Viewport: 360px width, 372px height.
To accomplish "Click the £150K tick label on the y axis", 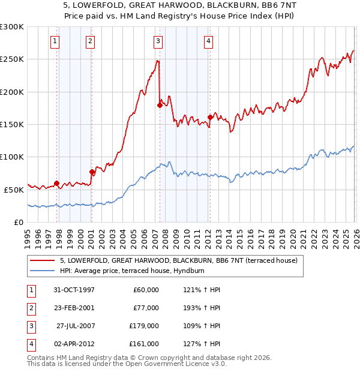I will click(x=12, y=124).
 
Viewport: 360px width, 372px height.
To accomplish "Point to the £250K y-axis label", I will click(x=12, y=59).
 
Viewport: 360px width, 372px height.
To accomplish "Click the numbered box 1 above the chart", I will click(x=55, y=41).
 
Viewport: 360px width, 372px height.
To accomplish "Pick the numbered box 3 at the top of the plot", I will click(x=157, y=41).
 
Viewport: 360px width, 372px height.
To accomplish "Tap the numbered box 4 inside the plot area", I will click(x=208, y=41).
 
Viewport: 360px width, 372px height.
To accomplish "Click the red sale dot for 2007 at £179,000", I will click(x=160, y=106).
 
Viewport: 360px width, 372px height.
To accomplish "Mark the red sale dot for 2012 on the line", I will click(x=210, y=117).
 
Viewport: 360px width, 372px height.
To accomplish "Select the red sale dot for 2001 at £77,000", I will click(x=92, y=172).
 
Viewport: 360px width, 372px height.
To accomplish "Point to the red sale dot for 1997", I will click(x=57, y=183).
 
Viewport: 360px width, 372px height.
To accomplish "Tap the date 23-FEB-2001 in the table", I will click(x=74, y=308).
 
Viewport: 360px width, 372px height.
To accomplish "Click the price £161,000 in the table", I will click(x=143, y=344).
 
